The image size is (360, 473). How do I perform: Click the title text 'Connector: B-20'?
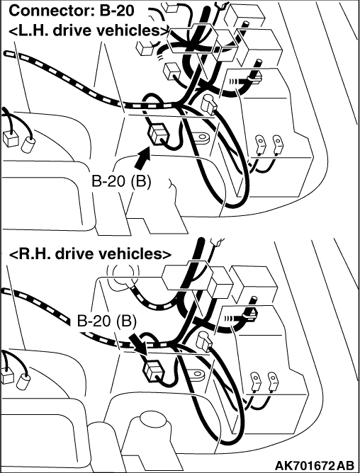pyautogui.click(x=72, y=11)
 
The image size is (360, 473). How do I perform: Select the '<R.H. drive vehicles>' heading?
pyautogui.click(x=90, y=254)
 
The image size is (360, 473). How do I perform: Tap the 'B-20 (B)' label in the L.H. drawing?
pyautogui.click(x=121, y=181)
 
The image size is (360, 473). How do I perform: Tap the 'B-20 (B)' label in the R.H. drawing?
pyautogui.click(x=106, y=321)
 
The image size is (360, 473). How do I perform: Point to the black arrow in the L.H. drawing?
pyautogui.click(x=142, y=158)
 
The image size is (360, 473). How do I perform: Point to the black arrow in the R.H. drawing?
pyautogui.click(x=137, y=343)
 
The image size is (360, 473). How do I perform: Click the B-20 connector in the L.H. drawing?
pyautogui.click(x=157, y=134)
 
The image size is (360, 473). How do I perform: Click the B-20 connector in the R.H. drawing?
pyautogui.click(x=153, y=372)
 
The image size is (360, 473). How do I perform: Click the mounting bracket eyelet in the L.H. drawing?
pyautogui.click(x=201, y=138)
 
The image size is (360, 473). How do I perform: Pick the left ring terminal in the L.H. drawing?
pyautogui.click(x=260, y=144)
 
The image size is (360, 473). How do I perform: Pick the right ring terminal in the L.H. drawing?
pyautogui.click(x=276, y=144)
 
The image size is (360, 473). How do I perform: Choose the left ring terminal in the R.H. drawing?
pyautogui.click(x=256, y=381)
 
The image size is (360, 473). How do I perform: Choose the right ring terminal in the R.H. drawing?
pyautogui.click(x=272, y=381)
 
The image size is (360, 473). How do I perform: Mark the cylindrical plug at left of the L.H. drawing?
pyautogui.click(x=28, y=144)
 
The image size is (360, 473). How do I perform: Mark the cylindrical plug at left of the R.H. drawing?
pyautogui.click(x=23, y=382)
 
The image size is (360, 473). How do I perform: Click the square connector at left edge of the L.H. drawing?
pyautogui.click(x=10, y=139)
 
